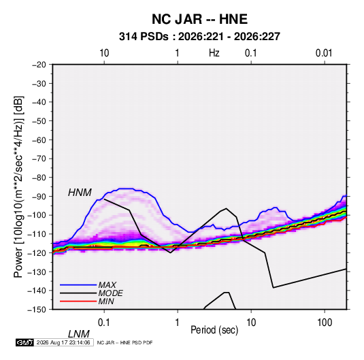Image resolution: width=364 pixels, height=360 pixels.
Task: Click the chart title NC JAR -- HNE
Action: [199, 19]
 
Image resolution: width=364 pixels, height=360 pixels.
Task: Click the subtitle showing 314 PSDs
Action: [199, 37]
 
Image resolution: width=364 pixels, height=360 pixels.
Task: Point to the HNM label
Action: [80, 193]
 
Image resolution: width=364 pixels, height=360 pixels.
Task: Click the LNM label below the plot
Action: [79, 334]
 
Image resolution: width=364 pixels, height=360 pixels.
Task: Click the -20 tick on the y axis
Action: [39, 65]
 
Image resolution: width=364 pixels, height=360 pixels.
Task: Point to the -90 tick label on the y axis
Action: [39, 196]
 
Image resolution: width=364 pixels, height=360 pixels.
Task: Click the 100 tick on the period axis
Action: [325, 323]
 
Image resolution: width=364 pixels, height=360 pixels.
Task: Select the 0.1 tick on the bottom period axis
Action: [104, 323]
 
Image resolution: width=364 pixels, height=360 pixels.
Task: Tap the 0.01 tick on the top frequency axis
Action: [324, 53]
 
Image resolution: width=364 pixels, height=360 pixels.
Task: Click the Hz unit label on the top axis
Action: [214, 53]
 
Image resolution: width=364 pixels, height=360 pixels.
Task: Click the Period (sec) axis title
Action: [214, 330]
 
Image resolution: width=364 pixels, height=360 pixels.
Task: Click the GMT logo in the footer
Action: [24, 342]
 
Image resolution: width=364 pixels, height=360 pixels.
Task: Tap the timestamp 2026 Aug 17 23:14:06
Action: [63, 342]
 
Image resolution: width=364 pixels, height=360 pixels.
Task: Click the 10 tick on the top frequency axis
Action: [104, 53]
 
